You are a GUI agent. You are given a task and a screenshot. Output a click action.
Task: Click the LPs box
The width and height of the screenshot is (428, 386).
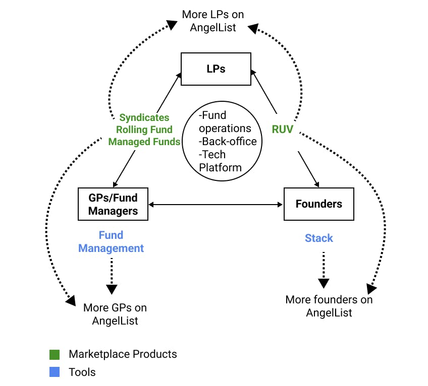216,69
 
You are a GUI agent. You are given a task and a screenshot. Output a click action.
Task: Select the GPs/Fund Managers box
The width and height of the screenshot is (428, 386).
113,204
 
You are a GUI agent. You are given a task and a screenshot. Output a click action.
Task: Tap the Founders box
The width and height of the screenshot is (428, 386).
318,204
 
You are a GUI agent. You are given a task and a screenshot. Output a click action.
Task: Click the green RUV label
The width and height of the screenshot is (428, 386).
283,129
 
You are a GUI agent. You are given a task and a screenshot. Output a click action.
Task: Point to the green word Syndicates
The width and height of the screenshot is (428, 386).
144,117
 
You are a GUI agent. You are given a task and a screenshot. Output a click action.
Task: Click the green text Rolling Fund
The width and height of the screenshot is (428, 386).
144,130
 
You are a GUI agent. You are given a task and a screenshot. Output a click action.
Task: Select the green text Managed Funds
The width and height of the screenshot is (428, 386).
144,142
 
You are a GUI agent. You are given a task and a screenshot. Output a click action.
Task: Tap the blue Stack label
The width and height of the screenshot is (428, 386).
319,238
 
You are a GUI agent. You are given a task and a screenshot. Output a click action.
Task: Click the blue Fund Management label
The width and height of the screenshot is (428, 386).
111,242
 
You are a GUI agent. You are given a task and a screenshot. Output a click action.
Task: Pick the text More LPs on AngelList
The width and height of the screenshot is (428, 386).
213,21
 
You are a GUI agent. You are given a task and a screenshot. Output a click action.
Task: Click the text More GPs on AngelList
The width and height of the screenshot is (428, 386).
115,313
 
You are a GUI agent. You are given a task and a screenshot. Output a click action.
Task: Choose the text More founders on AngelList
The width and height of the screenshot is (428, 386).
329,306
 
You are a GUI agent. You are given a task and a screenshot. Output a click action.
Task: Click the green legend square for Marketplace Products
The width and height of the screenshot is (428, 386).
55,354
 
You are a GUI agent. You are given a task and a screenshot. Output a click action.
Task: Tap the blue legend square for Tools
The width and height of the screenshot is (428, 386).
55,372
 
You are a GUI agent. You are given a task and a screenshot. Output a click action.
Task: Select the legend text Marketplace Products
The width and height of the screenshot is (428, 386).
123,354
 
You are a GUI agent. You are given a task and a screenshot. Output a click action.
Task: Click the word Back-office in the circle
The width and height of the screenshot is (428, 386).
228,142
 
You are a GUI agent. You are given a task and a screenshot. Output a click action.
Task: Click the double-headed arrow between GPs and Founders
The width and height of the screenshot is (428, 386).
216,204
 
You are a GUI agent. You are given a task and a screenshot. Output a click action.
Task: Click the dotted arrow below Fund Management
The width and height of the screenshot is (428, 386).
112,275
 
